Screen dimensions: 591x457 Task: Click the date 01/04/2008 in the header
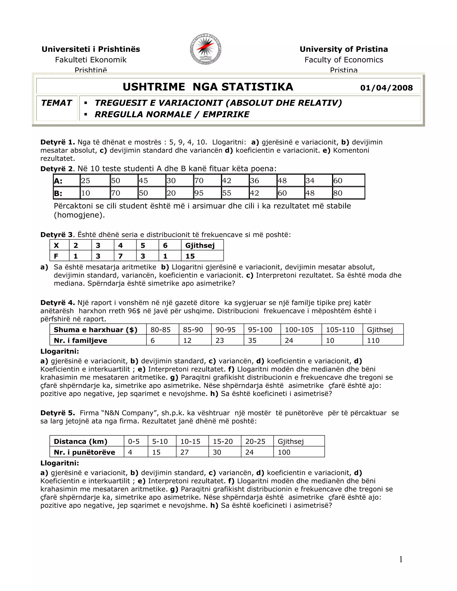coord(386,88)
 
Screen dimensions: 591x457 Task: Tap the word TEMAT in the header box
coord(56,103)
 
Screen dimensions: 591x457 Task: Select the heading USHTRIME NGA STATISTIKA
coord(208,87)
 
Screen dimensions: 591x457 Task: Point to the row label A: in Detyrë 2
coord(58,181)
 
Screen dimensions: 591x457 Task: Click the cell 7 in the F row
coord(120,256)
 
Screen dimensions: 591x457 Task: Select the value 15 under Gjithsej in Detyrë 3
coord(190,256)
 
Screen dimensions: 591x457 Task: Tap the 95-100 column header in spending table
coord(260,330)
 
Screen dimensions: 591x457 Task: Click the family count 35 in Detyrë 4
coord(252,340)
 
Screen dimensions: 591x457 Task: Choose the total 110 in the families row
coord(373,340)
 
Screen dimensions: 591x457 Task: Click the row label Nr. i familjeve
coord(80,340)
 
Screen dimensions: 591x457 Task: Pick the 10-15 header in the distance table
coord(190,441)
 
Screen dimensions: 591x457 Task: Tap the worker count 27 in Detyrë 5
coord(184,452)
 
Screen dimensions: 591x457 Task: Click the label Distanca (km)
coord(80,441)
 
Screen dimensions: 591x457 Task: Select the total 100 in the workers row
coord(284,452)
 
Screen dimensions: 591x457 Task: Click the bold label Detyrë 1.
coord(58,142)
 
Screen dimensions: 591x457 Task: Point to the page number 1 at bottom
coord(401,559)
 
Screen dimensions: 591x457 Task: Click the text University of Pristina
coord(344,49)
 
